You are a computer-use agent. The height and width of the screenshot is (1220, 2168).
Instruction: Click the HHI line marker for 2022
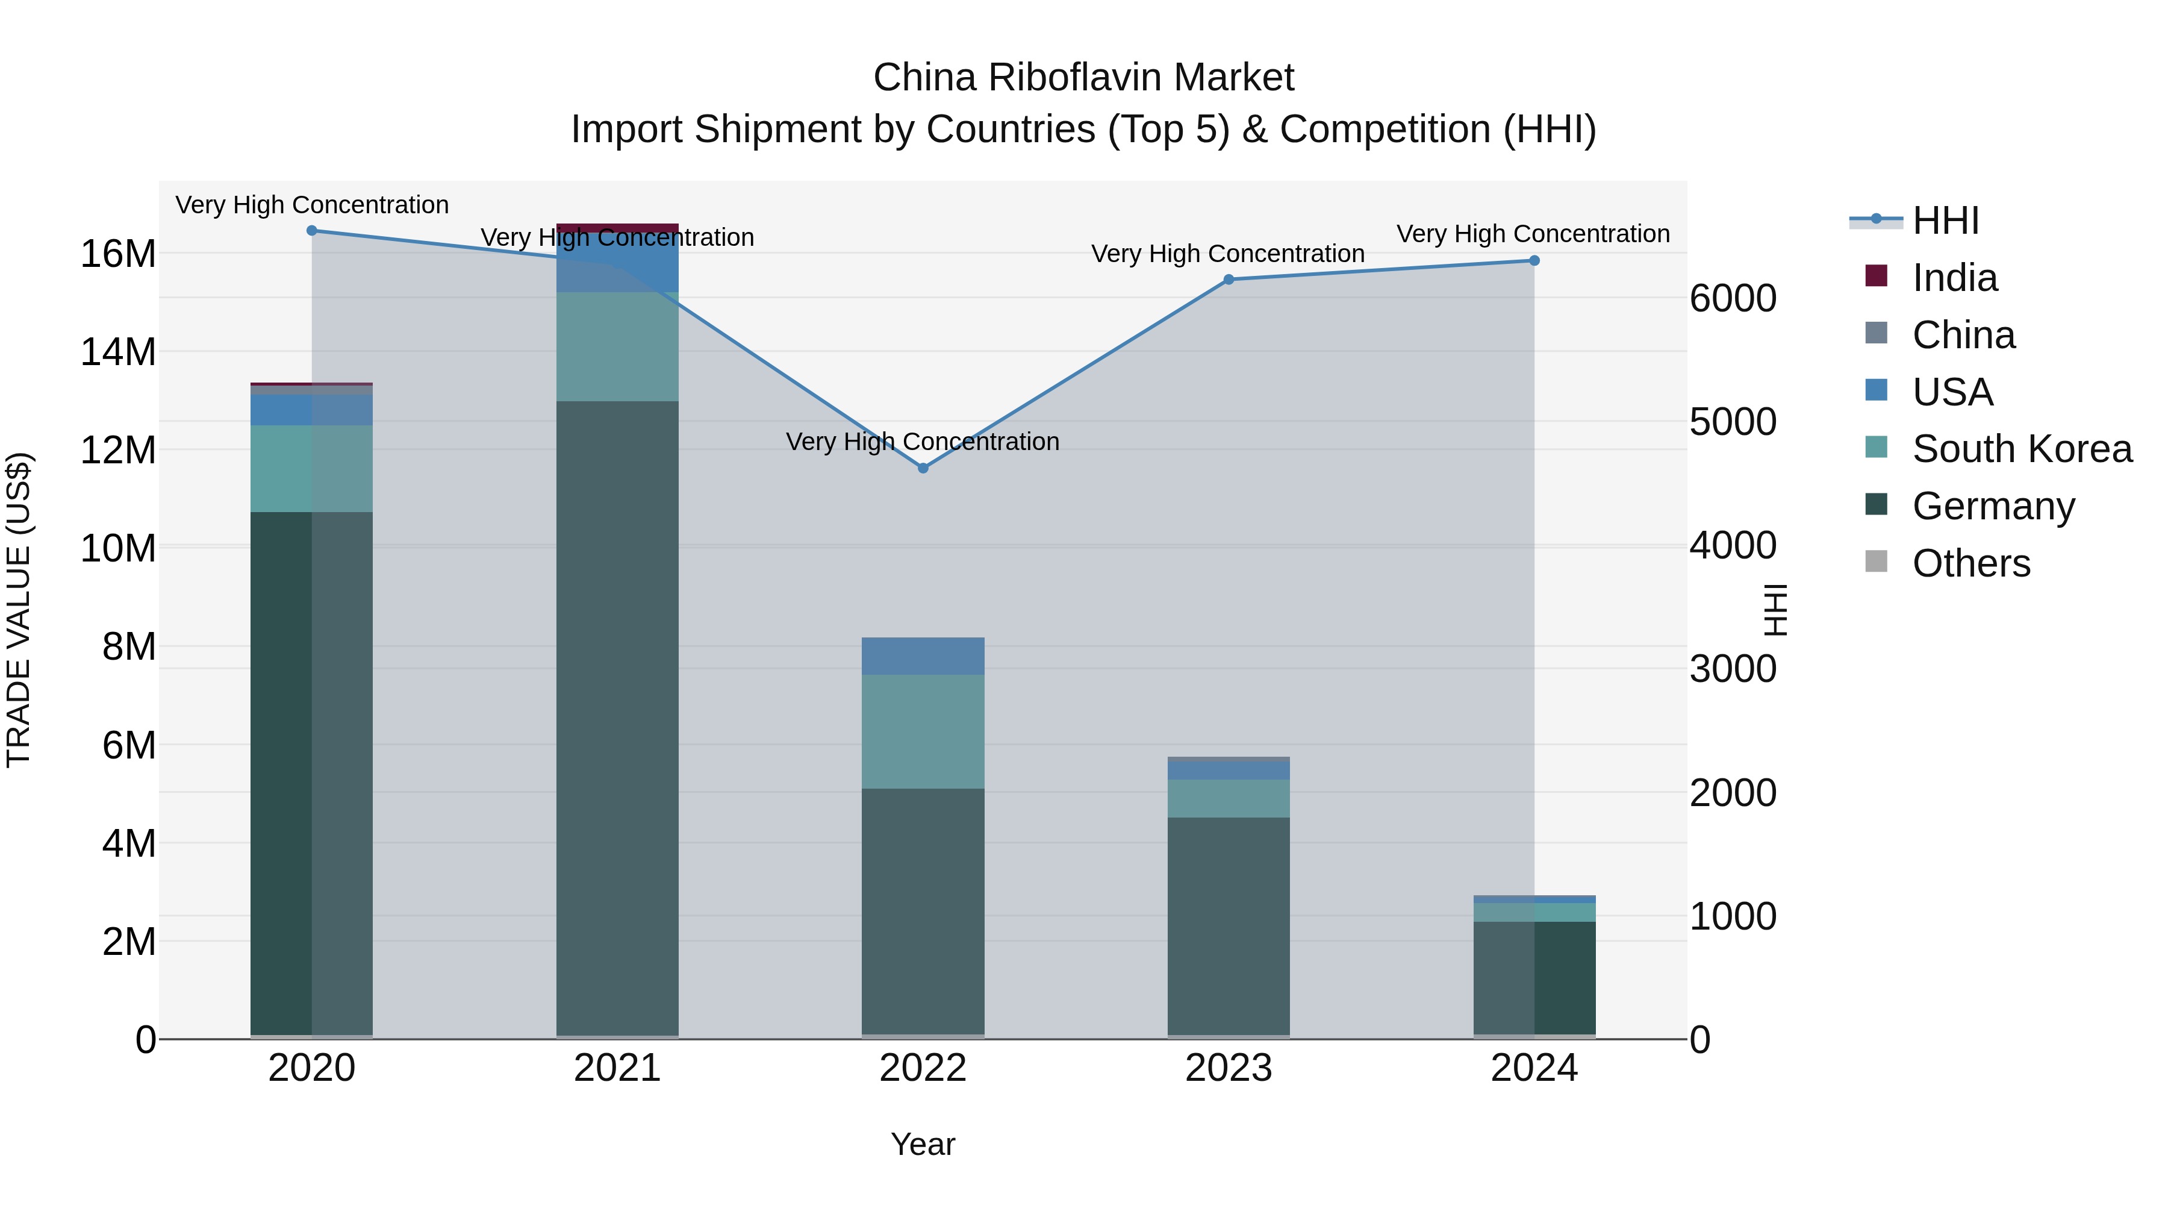tap(923, 468)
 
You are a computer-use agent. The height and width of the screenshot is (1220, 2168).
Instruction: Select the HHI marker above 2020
tap(311, 231)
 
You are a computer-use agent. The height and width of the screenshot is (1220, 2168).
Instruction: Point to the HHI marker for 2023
tap(1228, 280)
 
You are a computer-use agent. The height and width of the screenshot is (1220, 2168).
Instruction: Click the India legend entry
tap(1954, 278)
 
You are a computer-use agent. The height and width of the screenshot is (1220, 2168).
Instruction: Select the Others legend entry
tap(1970, 563)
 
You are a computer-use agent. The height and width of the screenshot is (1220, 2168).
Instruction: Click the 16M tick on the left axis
tap(118, 254)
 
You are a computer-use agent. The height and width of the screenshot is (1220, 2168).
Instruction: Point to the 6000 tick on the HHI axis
tap(1733, 299)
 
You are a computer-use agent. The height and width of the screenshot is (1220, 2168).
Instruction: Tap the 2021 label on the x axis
tap(617, 1068)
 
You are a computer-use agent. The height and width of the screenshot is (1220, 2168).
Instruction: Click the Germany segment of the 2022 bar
tap(923, 909)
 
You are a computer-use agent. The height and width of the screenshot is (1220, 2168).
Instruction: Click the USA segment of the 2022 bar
tap(923, 656)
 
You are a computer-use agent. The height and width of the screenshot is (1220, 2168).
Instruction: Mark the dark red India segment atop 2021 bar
tap(617, 227)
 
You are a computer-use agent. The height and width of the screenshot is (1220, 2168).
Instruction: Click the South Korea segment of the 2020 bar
tap(311, 468)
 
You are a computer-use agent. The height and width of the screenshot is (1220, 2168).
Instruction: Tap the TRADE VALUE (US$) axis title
tap(19, 610)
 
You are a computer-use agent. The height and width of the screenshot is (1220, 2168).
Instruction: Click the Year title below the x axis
tap(923, 1144)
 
